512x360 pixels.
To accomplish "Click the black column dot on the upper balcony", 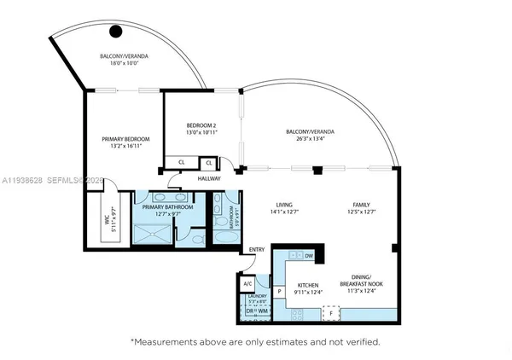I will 116,32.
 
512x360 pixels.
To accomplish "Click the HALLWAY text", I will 209,179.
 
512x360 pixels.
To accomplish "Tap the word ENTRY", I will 257,250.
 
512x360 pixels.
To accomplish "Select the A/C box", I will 247,282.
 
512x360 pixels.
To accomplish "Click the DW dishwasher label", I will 309,256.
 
